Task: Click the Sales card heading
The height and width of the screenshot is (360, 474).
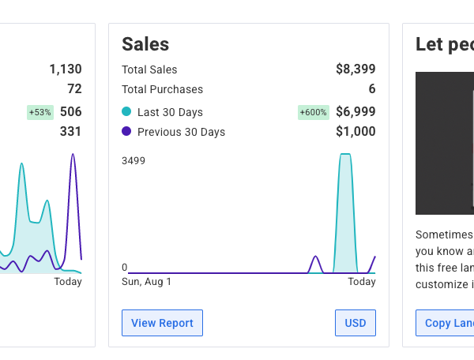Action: tap(145, 44)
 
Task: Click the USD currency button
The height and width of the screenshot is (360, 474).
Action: tap(355, 323)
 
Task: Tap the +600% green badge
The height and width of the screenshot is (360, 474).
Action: tap(314, 112)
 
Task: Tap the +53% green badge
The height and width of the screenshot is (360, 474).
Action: tap(39, 112)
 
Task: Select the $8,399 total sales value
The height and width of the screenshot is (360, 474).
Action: tap(355, 69)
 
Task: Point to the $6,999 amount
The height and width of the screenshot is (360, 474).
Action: tap(355, 112)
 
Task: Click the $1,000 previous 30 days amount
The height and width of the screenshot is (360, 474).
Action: tap(355, 132)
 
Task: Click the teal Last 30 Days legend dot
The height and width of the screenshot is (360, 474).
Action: tap(126, 112)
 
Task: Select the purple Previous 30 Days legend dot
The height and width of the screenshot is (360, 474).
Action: tap(126, 132)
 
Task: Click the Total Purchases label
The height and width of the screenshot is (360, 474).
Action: tap(162, 90)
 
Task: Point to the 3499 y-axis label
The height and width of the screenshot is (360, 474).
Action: tap(134, 161)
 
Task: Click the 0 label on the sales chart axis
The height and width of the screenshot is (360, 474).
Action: tap(124, 267)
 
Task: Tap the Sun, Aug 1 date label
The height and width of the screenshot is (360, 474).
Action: tap(146, 282)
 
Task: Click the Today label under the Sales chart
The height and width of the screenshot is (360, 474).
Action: tap(362, 282)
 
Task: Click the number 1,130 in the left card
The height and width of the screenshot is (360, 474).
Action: tap(66, 69)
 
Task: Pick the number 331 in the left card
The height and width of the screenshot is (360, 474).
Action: tap(70, 132)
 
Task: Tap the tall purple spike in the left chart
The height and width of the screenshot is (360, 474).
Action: tap(73, 182)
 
